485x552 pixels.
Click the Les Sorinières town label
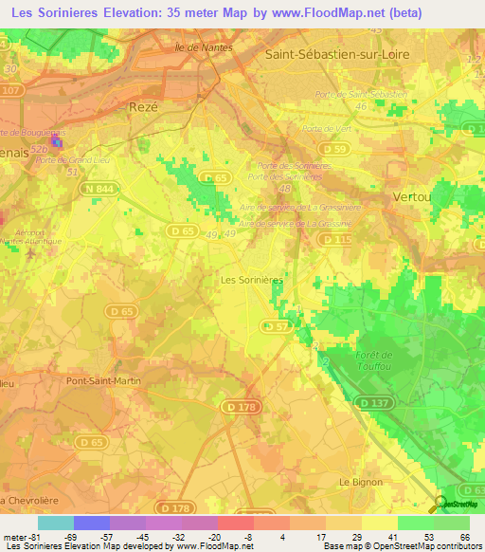coord(251,281)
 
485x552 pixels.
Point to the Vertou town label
coord(412,195)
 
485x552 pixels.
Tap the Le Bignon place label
coord(361,482)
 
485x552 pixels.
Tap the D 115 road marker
coord(336,241)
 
